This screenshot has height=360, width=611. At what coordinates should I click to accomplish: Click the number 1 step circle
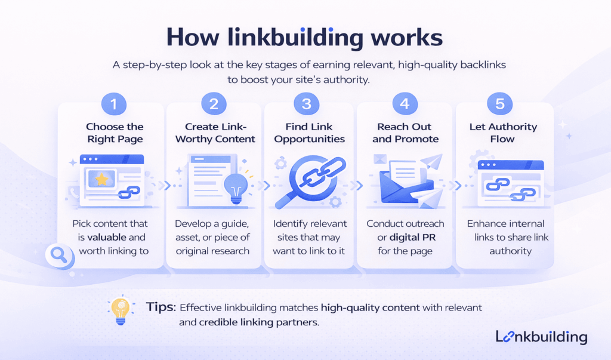click(114, 104)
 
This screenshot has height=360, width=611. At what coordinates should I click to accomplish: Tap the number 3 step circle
click(307, 104)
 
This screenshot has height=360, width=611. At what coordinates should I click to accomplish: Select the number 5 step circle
click(500, 104)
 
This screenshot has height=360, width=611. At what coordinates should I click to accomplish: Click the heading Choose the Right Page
click(114, 133)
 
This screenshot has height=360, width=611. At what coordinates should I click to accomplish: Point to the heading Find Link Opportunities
click(307, 133)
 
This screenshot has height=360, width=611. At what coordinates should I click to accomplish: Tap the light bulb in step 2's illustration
click(233, 187)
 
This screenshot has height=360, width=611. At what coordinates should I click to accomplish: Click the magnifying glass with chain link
click(308, 179)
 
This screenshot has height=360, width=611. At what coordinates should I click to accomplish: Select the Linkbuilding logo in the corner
click(541, 337)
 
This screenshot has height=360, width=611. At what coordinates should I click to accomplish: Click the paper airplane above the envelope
click(433, 161)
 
